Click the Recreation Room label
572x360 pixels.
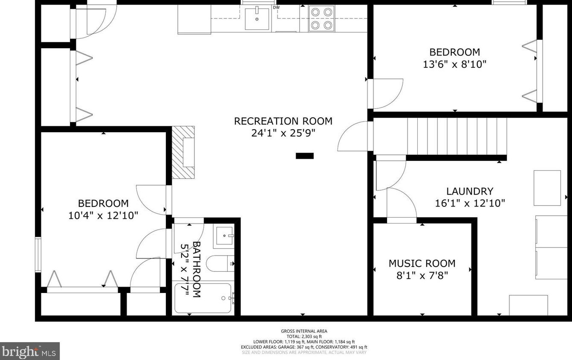283,121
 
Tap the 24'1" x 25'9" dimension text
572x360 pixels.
283,133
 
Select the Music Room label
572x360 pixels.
422,264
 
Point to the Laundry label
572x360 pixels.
470,192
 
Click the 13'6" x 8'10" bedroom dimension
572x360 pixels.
454,64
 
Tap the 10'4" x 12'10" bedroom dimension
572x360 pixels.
103,216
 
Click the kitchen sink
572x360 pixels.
257,19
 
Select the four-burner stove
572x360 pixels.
321,19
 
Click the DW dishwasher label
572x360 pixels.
276,7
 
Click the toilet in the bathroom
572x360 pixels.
220,264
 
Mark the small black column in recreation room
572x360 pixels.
305,156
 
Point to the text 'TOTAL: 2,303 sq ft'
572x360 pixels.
304,337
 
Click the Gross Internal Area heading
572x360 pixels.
304,331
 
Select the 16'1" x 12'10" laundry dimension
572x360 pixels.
470,203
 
